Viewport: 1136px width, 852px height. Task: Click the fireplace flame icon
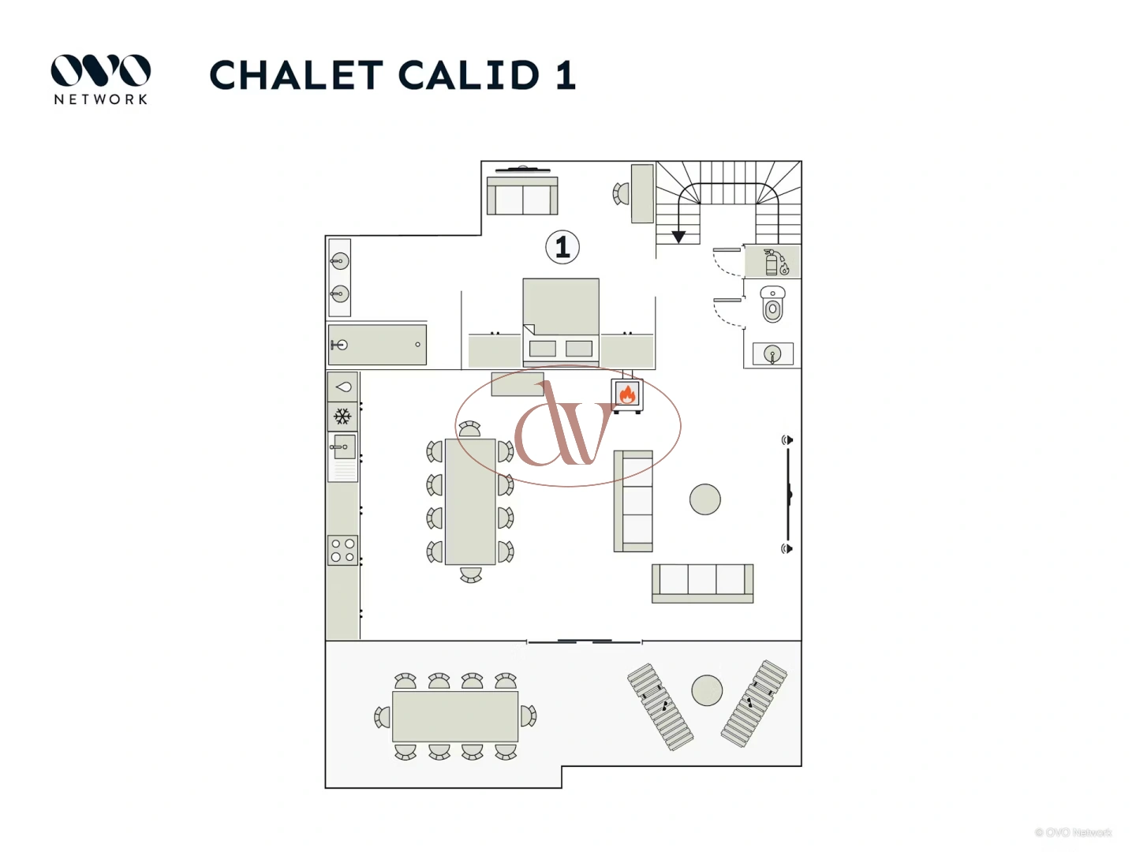[627, 394]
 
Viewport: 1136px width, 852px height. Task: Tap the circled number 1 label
[562, 247]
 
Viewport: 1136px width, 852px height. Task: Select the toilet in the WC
[772, 305]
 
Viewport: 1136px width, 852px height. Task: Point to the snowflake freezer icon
[342, 417]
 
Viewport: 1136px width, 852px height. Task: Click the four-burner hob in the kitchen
[342, 550]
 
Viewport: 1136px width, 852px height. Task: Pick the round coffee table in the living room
[704, 499]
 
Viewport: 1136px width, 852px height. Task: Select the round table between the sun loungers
[707, 691]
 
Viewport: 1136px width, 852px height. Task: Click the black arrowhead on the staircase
[678, 237]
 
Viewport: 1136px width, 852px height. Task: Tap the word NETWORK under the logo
[101, 99]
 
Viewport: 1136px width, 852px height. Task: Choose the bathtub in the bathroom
[377, 345]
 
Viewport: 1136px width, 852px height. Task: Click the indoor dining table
[470, 502]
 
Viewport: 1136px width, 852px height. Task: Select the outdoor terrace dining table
[455, 716]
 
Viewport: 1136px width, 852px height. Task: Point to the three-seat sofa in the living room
[702, 582]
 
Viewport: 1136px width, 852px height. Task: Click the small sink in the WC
[772, 354]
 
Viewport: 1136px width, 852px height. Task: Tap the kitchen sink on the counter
[343, 447]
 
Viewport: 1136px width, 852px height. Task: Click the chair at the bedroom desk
[620, 193]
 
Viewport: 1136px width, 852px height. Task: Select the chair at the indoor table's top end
[469, 429]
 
